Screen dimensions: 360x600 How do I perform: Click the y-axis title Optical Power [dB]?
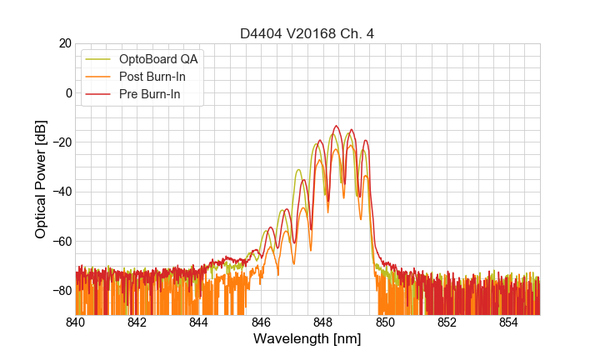(41, 179)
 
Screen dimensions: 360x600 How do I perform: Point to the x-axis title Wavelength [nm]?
(307, 339)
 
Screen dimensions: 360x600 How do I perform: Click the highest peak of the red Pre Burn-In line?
(336, 126)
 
